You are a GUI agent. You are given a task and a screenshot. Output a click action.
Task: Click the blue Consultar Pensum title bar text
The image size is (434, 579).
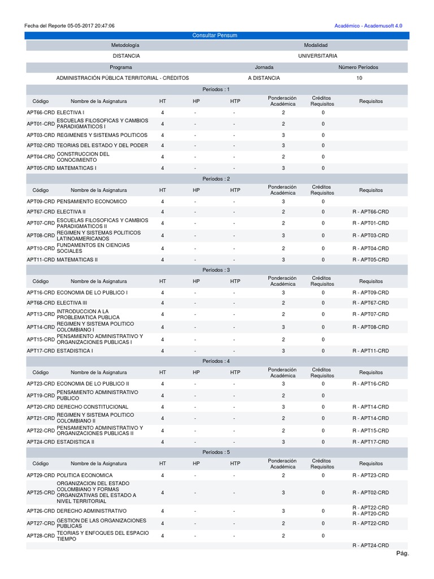[x=215, y=36]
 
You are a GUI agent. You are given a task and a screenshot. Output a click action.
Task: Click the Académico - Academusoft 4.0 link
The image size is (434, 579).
[x=368, y=26]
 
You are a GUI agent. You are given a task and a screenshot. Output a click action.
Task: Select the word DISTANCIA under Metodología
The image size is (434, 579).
[x=126, y=56]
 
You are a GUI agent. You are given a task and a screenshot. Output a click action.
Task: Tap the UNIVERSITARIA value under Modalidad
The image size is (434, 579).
[x=318, y=56]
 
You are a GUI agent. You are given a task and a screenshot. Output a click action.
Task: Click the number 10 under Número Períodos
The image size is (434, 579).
[x=359, y=78]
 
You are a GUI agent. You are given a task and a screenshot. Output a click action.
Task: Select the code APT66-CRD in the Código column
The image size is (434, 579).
[x=41, y=113]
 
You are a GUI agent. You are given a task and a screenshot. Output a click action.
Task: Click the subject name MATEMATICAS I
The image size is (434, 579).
[x=76, y=168]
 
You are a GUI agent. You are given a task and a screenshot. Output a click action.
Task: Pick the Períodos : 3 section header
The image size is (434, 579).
[x=216, y=270]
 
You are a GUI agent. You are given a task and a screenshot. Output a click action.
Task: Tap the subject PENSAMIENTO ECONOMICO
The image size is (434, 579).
[x=92, y=201]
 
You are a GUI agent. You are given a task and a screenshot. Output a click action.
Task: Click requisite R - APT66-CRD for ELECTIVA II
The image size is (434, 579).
[x=371, y=211]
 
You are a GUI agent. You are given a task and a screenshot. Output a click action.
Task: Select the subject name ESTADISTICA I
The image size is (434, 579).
[x=75, y=351]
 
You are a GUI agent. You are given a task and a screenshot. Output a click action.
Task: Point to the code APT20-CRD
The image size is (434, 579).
[x=41, y=407]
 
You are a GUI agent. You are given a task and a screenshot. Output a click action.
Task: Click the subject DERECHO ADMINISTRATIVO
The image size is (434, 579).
[x=92, y=511]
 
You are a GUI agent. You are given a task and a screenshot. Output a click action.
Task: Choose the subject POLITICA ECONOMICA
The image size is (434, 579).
[x=85, y=476]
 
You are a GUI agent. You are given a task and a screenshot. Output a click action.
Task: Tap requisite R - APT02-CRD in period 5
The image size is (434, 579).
[x=371, y=492]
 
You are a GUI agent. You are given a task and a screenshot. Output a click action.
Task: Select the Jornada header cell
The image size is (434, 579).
[x=264, y=67]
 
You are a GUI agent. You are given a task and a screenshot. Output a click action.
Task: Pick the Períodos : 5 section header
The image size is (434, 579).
[x=216, y=452]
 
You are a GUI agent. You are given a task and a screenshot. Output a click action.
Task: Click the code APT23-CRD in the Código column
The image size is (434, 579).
[x=41, y=383]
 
